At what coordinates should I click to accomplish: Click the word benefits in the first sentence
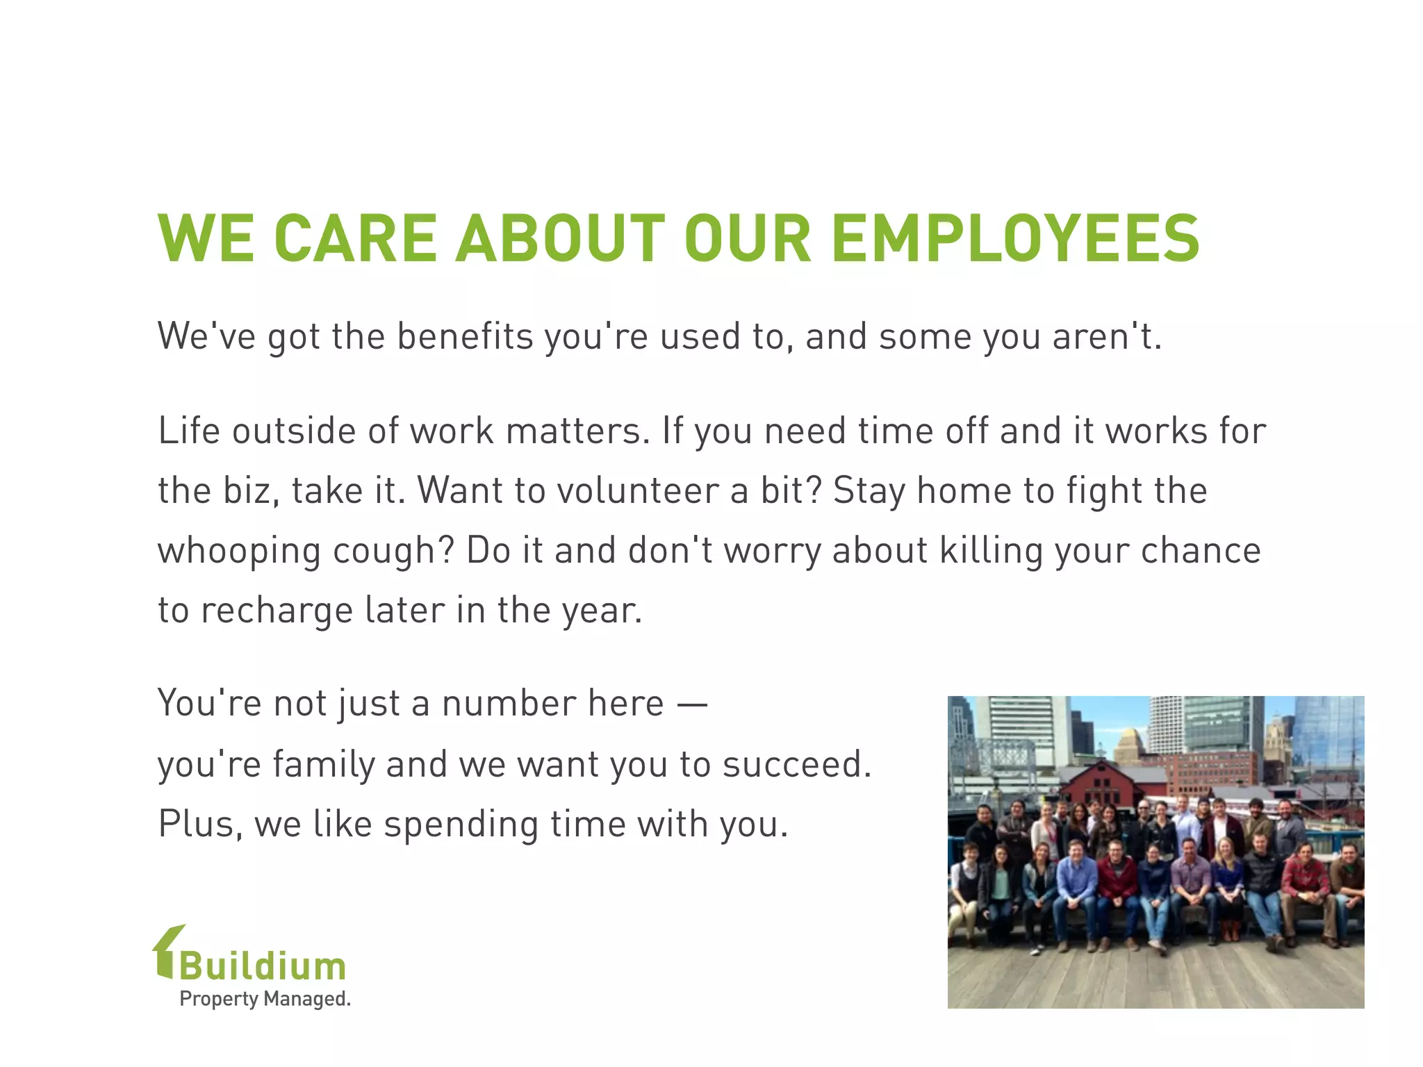point(465,337)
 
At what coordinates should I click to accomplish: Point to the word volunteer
point(637,490)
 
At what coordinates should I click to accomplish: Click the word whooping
point(239,552)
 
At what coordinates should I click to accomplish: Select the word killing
point(991,552)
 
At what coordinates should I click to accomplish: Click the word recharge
point(277,611)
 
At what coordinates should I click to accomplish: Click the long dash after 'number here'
point(691,704)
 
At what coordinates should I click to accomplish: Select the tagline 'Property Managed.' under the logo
point(265,999)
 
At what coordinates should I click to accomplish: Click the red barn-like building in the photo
point(1105,785)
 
